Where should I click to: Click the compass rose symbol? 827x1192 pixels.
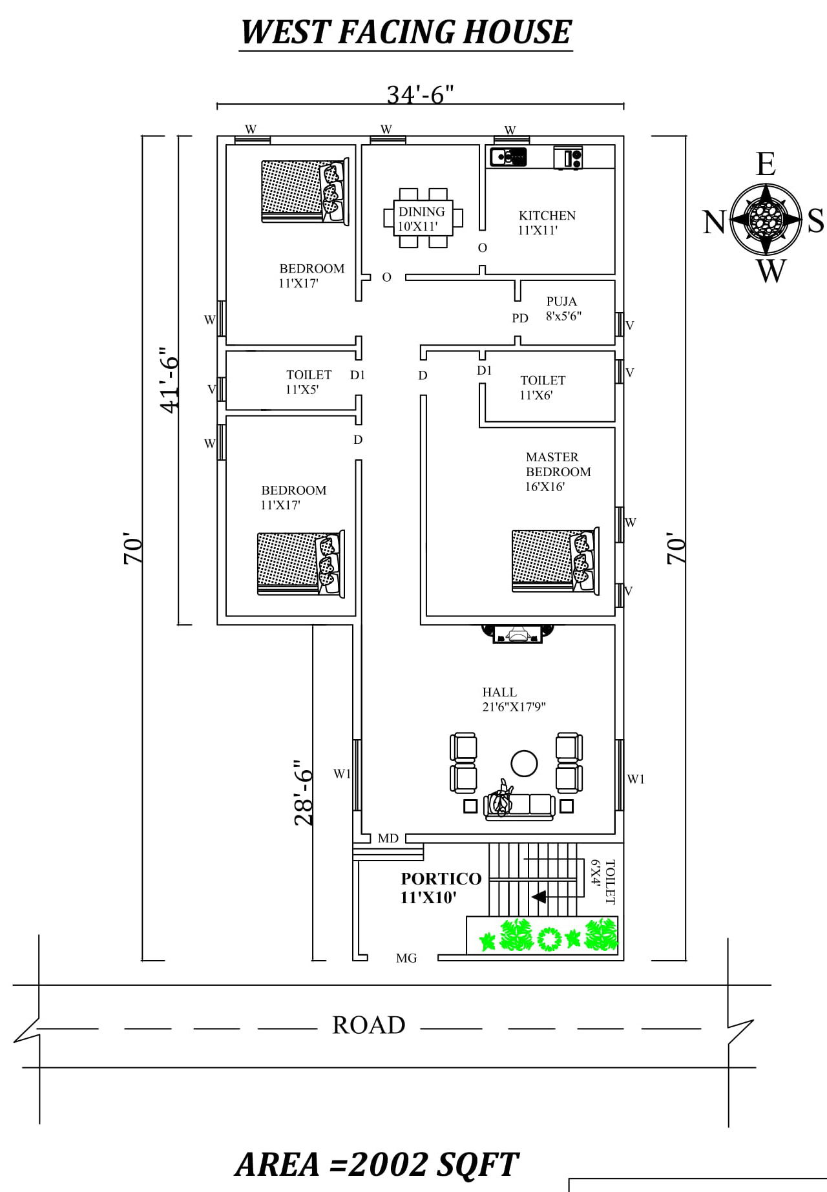tap(766, 219)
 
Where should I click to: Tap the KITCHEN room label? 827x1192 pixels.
tap(547, 216)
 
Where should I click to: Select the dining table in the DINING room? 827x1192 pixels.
tap(423, 218)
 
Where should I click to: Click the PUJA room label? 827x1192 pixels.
tap(561, 302)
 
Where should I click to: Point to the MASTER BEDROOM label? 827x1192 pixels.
tap(558, 465)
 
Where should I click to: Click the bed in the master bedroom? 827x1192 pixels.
tap(556, 561)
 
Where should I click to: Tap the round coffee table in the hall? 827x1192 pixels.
tap(524, 764)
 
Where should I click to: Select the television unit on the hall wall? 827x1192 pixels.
tap(517, 634)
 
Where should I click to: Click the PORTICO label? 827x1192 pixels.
tap(441, 879)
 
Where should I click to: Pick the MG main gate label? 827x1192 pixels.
tap(406, 958)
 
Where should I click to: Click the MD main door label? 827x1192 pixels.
tap(388, 839)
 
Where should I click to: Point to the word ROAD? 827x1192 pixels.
tap(369, 1025)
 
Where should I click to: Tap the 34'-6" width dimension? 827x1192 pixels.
tap(421, 95)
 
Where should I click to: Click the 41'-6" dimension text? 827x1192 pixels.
tap(169, 381)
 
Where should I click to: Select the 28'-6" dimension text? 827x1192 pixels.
tap(304, 793)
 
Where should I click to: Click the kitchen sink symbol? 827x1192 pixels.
tap(508, 156)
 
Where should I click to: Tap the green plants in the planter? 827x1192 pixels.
tap(548, 934)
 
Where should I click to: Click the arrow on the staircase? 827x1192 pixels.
tap(538, 897)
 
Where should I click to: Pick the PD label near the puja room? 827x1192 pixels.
tap(520, 318)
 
